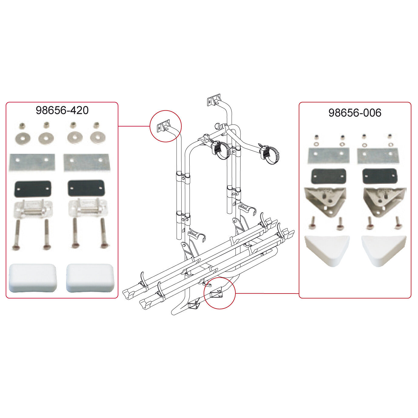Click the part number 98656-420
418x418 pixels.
pyautogui.click(x=62, y=110)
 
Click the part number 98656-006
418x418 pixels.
pyautogui.click(x=355, y=113)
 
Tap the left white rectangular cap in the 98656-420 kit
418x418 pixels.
pyautogui.click(x=32, y=278)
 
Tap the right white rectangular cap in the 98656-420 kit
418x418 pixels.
pyautogui.click(x=90, y=278)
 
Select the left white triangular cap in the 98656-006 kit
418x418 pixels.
pyautogui.click(x=327, y=249)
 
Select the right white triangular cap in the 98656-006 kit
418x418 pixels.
pyautogui.click(x=383, y=249)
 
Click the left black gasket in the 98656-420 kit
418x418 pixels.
pyautogui.click(x=32, y=188)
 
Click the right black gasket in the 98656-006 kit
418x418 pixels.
pyautogui.click(x=380, y=176)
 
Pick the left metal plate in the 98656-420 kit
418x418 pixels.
pyautogui.click(x=32, y=162)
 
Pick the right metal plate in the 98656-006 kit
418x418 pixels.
pyautogui.click(x=378, y=156)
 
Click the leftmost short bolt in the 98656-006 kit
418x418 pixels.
pyautogui.click(x=311, y=224)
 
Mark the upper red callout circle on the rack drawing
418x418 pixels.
pyautogui.click(x=166, y=126)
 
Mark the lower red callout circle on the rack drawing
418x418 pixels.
pyautogui.click(x=220, y=293)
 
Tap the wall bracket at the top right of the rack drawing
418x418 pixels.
pyautogui.click(x=214, y=101)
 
